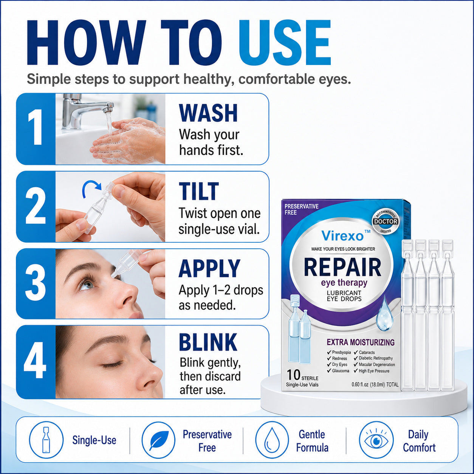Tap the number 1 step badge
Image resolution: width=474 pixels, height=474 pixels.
coord(36,129)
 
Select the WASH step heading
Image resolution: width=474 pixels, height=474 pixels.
coord(208,113)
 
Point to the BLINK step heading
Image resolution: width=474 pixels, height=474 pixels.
coord(208,342)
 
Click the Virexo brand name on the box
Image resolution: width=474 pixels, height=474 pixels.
coord(342,236)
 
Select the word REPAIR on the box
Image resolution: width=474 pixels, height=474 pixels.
coord(342,268)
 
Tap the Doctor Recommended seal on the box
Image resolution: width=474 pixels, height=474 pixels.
coord(386,221)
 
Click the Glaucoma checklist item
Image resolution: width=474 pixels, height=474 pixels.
coord(338,371)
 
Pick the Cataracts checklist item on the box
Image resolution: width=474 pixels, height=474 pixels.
coord(364,352)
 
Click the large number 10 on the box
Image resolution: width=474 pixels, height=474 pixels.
coord(293,375)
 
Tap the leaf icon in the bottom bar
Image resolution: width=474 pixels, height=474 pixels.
coord(159,440)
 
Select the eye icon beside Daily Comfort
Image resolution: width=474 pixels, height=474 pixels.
coord(376,440)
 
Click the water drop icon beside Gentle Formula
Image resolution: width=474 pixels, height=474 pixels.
coord(272,440)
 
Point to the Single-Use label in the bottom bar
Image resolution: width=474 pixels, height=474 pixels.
coord(94,440)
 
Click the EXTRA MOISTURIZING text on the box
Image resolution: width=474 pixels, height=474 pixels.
coord(360,342)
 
